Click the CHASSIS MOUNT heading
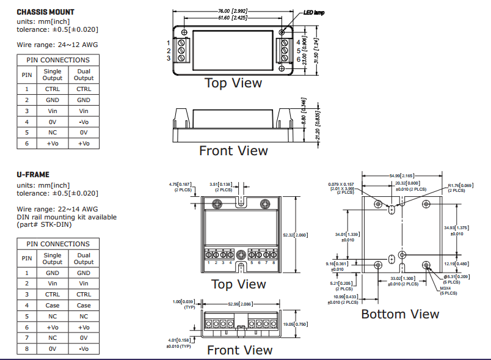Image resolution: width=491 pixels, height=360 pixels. point(45,12)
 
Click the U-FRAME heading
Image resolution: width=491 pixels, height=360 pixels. point(33,175)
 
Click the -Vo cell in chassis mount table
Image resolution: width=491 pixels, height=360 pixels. point(84,122)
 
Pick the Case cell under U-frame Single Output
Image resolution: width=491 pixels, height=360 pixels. point(53,306)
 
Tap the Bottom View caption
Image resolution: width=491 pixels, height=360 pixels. point(400,314)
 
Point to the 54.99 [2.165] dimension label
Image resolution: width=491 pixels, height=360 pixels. point(401,175)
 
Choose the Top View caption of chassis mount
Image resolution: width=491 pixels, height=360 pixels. point(233,83)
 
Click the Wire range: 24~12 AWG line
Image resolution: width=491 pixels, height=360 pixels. point(57,45)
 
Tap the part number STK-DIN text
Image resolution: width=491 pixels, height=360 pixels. point(54,224)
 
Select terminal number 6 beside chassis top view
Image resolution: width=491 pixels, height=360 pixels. point(299,59)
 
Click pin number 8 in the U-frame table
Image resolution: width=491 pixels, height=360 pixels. point(27,349)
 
